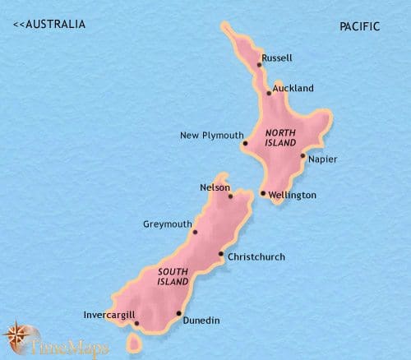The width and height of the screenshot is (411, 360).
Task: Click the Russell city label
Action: coord(276,58)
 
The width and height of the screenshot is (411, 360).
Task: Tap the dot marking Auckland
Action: coord(269,93)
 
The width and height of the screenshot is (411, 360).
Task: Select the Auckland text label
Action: coord(293,88)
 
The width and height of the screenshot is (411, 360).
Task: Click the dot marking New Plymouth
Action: coord(245,144)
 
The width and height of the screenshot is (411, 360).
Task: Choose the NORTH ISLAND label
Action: coord(280,137)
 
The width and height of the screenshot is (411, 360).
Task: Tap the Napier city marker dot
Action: coord(302,155)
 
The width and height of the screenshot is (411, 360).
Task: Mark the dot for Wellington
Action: coord(262,194)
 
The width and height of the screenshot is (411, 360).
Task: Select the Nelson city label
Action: coord(215,187)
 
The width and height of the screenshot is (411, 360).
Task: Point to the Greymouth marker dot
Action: coord(196,232)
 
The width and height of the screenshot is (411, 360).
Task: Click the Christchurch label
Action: coord(256,257)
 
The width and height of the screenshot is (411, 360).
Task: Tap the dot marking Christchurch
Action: coord(220,254)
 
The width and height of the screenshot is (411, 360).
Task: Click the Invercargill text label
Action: coord(109,314)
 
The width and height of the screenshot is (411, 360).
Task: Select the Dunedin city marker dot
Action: coord(178,313)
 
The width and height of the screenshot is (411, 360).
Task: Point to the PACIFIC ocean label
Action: coord(360,26)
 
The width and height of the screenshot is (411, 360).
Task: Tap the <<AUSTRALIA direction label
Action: coord(49,25)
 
